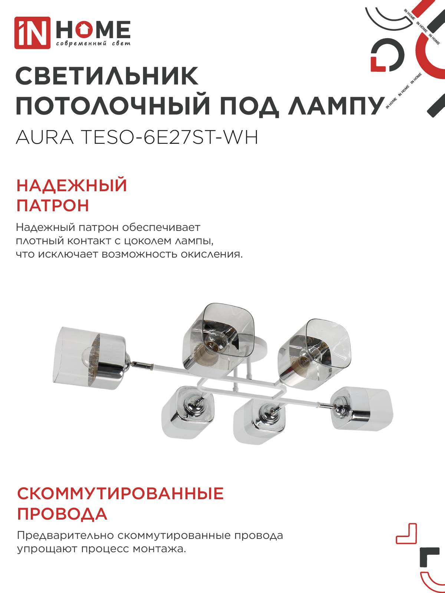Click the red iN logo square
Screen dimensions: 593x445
[32, 33]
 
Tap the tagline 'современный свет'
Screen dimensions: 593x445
[93, 44]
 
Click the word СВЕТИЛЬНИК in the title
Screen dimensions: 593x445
[107, 77]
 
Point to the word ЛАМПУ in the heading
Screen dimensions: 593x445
[336, 106]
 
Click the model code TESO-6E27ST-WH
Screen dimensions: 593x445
[169, 138]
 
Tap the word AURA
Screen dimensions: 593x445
[45, 138]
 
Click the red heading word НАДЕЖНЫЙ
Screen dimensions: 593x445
[72, 185]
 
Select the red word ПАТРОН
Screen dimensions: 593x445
[53, 206]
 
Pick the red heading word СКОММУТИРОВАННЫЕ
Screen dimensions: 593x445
[121, 494]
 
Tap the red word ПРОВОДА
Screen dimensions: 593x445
[62, 514]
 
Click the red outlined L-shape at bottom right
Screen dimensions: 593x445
[407, 534]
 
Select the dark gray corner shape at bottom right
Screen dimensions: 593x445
[429, 556]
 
